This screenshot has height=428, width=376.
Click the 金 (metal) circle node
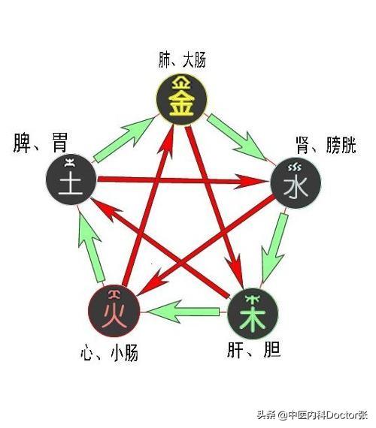coord(182,99)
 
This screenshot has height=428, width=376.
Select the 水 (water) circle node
coord(296,182)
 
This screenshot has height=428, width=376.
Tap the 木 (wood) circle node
coord(253,314)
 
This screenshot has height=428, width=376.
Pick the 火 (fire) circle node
coord(114,311)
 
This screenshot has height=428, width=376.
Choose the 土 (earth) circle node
coord(71,179)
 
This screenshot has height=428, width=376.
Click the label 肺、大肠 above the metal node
coord(182,60)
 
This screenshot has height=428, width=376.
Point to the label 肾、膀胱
coord(326,145)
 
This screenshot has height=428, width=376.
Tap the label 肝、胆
coord(253,350)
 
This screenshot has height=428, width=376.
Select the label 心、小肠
coord(109,353)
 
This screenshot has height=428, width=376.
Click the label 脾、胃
coord(40,143)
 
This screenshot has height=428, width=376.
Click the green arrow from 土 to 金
coord(124,140)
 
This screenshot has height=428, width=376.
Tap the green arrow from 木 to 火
coord(183,312)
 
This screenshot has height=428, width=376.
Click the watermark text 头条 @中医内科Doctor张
coord(312,416)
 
